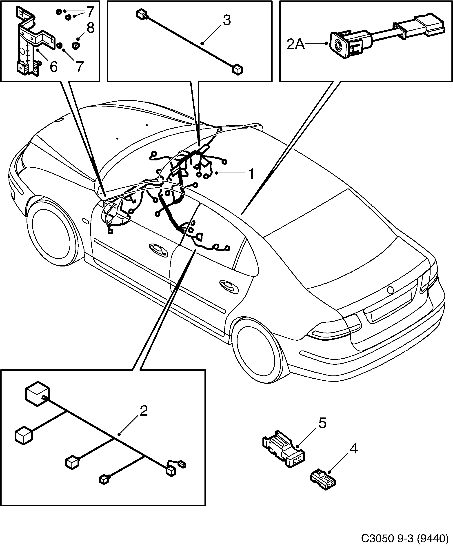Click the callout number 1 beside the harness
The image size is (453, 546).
pos(251,174)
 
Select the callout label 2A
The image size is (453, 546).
pos(295,44)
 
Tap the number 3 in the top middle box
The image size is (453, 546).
pos(227,20)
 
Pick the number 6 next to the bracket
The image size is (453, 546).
pos(53,67)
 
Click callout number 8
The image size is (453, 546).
pos(90,28)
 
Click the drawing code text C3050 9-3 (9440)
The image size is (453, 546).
pos(405,537)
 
